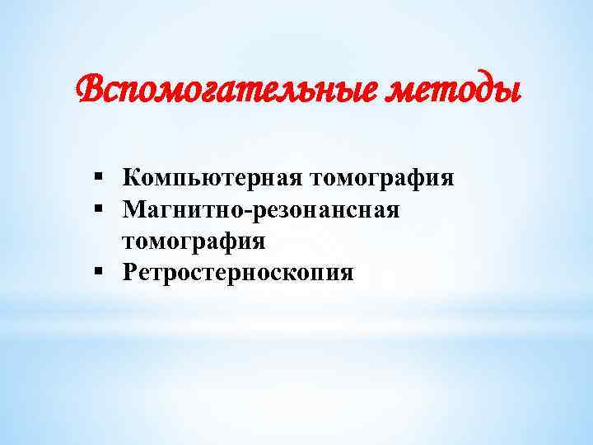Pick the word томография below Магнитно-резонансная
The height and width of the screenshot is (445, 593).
pos(194,241)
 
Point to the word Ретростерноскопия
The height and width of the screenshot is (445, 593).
pos(238,273)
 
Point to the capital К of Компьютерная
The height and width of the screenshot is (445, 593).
pos(133,178)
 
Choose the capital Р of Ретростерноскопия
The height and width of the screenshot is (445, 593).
pos(130,273)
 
